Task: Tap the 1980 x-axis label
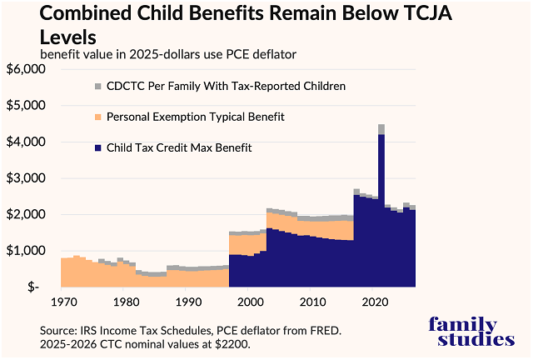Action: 125,302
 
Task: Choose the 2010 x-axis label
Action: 314,302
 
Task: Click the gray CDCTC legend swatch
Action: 97,87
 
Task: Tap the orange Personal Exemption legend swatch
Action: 97,117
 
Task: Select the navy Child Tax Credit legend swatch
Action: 97,148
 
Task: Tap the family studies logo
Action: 464,331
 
